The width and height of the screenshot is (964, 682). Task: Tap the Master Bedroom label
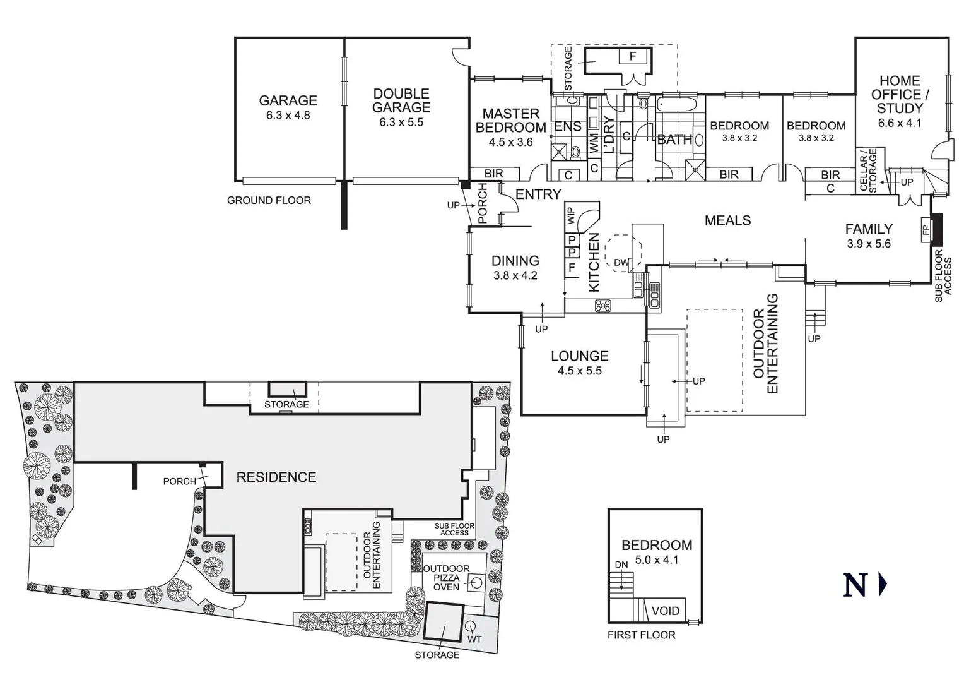coord(510,121)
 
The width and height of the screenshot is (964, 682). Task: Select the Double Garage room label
coord(401,100)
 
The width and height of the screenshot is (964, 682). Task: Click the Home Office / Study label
coord(900,94)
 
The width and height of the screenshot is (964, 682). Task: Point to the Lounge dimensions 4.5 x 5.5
coord(579,371)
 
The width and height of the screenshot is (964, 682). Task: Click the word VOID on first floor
coord(665,611)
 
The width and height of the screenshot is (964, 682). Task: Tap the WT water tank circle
coord(471,626)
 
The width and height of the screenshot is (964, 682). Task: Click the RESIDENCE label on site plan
coord(276,477)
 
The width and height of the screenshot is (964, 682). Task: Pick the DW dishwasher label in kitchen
coord(621,263)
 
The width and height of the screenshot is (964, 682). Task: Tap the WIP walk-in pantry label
coord(571,216)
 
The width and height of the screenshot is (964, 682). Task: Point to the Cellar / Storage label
coord(869,170)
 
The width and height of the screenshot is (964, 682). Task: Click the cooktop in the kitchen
coord(602,306)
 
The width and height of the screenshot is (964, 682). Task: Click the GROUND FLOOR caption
coord(269,200)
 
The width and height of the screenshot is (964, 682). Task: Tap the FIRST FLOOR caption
coord(641,635)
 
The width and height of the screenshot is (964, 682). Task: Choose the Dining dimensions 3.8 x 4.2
coord(515,275)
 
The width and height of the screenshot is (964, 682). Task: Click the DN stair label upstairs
coord(621,565)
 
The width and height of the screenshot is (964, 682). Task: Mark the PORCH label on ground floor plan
coord(483,203)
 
